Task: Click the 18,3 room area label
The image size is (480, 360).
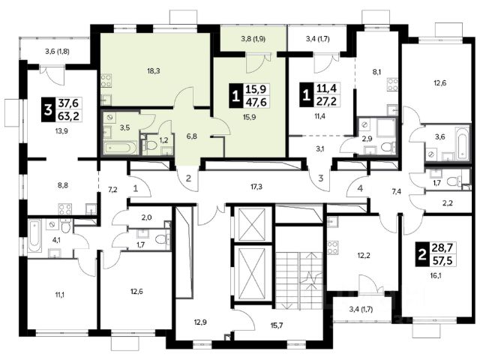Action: tap(153, 71)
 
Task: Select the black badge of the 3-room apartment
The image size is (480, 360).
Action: tap(48, 109)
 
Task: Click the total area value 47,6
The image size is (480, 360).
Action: tap(256, 101)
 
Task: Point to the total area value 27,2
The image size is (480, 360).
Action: tap(326, 100)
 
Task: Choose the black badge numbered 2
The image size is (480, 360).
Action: tap(421, 253)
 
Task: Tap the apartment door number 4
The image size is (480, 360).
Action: tap(360, 188)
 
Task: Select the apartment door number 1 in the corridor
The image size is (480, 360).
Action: tap(136, 188)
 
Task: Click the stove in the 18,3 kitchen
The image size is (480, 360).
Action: tap(106, 81)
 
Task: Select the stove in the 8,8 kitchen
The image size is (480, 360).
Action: tap(65, 209)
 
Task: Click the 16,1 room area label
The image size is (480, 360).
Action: tap(436, 275)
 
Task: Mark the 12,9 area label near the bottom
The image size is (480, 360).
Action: tap(200, 322)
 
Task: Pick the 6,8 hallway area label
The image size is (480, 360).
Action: tap(192, 136)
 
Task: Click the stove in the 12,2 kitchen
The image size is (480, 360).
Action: tap(332, 248)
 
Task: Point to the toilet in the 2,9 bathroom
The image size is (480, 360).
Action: tap(388, 148)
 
